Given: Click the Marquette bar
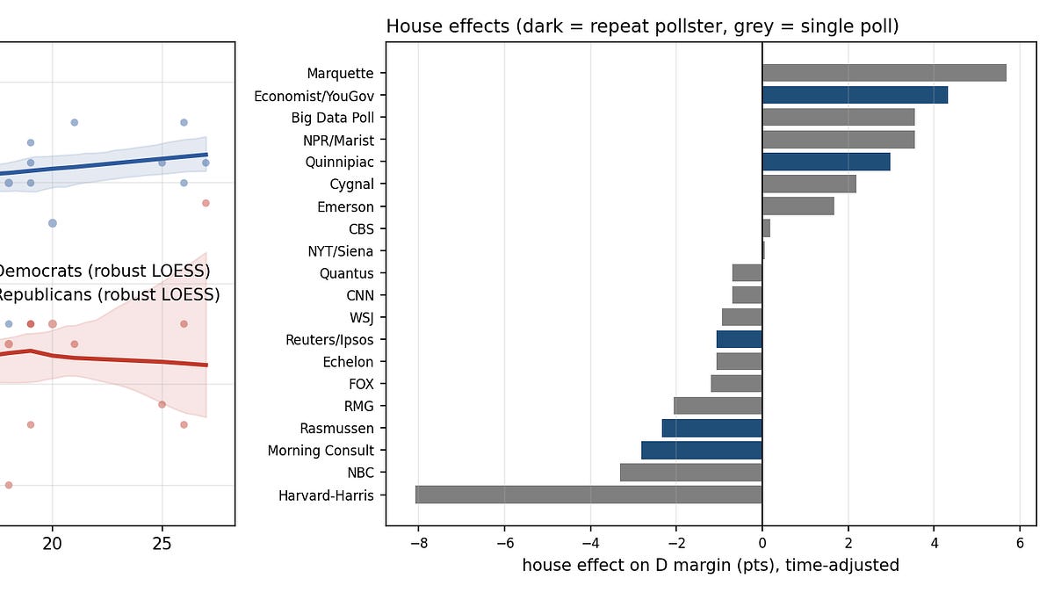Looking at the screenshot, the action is [884, 73].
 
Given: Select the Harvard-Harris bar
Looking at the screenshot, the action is [588, 495].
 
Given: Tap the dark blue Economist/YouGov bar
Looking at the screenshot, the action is [855, 95].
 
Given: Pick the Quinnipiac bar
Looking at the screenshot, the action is [827, 162].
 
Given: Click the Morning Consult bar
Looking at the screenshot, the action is [702, 450].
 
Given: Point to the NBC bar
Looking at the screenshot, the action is [691, 472].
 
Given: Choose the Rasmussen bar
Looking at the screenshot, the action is [712, 428].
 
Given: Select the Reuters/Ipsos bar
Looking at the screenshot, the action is [740, 339].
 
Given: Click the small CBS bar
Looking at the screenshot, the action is [766, 228].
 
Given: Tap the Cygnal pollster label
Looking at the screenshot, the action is [351, 184].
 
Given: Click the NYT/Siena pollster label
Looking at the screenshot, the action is [340, 251].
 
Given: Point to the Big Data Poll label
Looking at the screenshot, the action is [332, 118].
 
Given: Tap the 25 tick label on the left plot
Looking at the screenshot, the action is [162, 544].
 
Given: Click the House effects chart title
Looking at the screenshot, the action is [642, 26].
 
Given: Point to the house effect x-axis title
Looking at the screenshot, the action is [711, 565].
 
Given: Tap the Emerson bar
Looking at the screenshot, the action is [798, 206].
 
